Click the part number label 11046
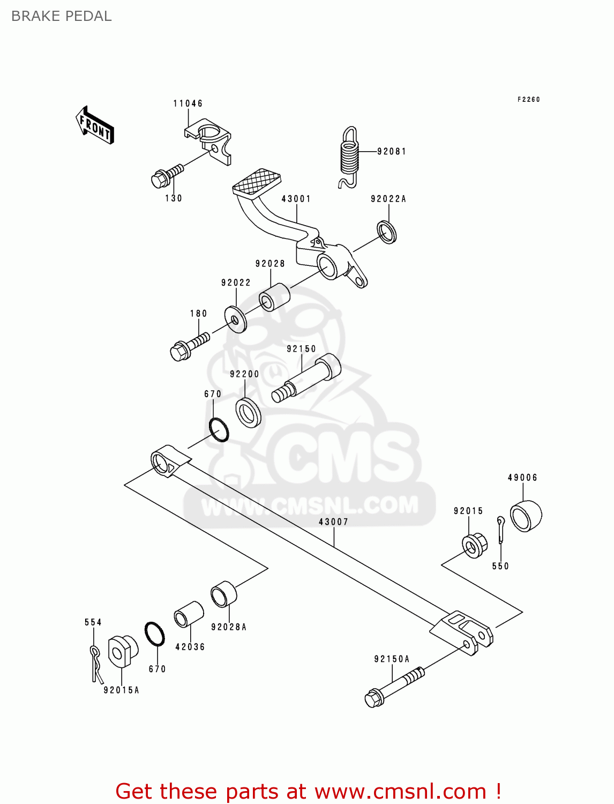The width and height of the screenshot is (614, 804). (188, 103)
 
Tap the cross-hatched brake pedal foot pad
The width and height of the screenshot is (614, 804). (257, 181)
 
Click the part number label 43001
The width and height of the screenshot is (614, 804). (296, 199)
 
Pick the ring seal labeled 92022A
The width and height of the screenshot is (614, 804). (387, 232)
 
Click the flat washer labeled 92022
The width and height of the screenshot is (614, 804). (236, 319)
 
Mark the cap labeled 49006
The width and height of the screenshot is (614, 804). (526, 516)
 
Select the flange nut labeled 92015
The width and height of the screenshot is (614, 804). (474, 546)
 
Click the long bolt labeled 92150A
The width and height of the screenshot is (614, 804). (394, 686)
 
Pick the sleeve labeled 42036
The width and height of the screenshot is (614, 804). (189, 614)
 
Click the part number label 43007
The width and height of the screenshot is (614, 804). (333, 522)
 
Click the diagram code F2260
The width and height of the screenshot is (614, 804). (528, 100)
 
